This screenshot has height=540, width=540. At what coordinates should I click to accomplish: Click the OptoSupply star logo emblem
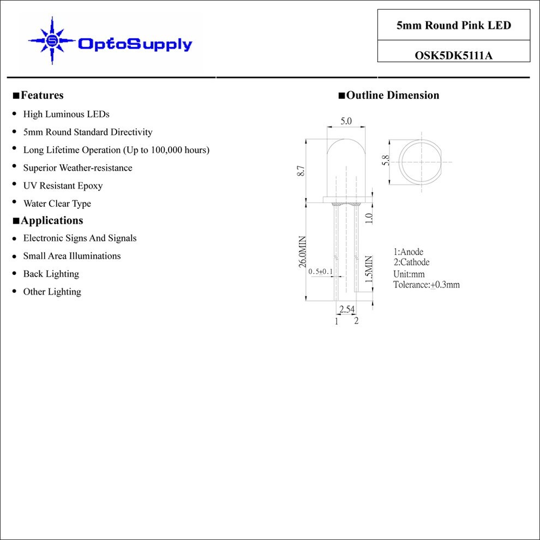[52, 41]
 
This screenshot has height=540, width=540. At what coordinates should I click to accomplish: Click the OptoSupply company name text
[135, 44]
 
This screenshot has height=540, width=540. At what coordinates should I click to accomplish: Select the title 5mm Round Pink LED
[454, 25]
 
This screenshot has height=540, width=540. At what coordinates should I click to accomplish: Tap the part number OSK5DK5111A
[454, 55]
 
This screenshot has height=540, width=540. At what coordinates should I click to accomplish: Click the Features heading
[38, 95]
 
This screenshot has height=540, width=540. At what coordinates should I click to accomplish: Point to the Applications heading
[48, 220]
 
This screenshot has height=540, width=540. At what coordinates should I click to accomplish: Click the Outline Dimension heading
[389, 95]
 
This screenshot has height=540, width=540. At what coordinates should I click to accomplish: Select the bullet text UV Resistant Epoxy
[63, 185]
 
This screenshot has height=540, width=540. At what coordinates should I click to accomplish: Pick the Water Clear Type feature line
[57, 203]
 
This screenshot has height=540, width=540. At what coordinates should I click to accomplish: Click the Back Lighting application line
[51, 274]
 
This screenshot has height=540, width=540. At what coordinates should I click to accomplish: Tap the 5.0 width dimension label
[346, 121]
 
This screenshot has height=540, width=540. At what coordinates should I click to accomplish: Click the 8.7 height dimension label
[301, 171]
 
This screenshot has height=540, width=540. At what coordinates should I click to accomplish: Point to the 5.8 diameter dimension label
[386, 160]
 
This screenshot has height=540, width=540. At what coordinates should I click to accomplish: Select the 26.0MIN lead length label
[302, 252]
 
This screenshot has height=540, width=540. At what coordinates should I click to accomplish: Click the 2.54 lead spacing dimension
[347, 309]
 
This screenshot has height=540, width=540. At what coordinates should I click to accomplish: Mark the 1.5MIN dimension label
[369, 269]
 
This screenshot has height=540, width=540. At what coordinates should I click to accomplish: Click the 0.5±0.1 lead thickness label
[321, 272]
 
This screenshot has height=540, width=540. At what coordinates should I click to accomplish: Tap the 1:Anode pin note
[409, 252]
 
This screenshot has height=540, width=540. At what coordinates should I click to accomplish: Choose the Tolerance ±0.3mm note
[427, 285]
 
